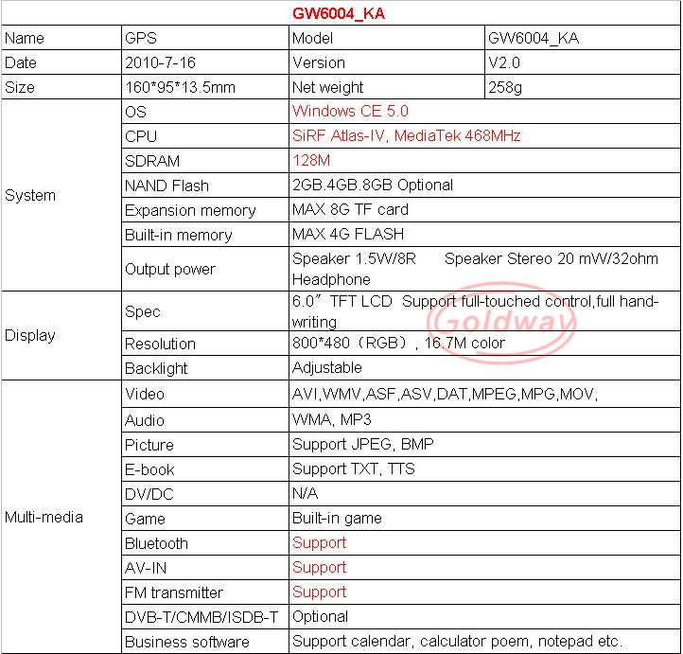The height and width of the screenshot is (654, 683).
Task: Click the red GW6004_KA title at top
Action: [x=341, y=14]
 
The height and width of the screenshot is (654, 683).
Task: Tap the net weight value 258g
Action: [x=504, y=87]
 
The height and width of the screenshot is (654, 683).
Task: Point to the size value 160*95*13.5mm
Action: [x=180, y=87]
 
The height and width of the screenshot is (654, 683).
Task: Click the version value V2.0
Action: [x=503, y=62]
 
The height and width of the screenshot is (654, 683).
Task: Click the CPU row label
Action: [x=141, y=136]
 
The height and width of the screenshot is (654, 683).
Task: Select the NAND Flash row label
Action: [x=166, y=186]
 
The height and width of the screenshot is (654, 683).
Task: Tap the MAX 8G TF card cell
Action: [x=350, y=210]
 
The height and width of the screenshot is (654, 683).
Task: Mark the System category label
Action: [x=30, y=196]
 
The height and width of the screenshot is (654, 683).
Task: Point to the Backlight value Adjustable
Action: [x=326, y=368]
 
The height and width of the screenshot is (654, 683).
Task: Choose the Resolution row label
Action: [x=160, y=344]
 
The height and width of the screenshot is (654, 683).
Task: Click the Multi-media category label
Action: [x=44, y=517]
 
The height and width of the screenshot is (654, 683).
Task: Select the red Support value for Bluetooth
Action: [x=319, y=543]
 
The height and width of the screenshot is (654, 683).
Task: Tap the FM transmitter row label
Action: [x=174, y=592]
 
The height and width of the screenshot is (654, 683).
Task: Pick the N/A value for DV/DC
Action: [x=306, y=494]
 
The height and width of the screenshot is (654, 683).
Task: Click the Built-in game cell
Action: [x=337, y=519]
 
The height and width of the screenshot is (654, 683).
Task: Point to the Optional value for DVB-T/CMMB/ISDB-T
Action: [x=321, y=617]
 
